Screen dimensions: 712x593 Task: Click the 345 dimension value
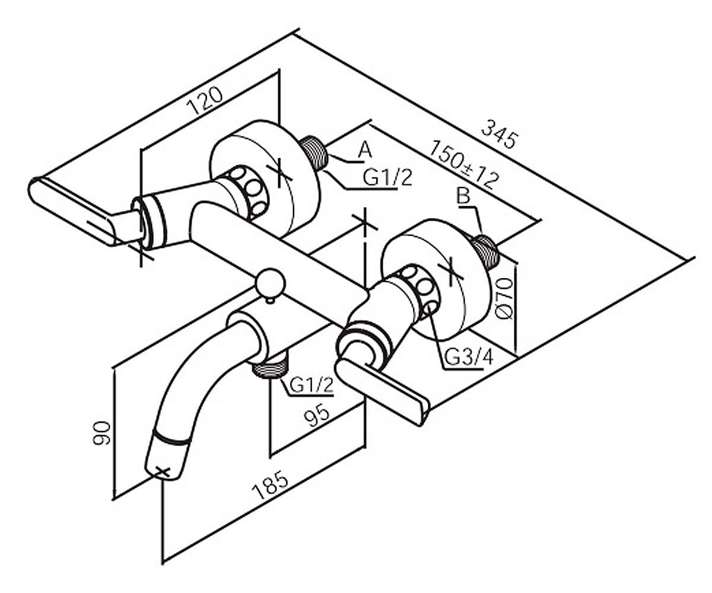point(499,134)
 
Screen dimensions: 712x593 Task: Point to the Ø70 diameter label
point(506,298)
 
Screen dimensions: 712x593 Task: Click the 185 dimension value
point(270,485)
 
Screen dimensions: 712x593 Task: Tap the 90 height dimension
point(101,434)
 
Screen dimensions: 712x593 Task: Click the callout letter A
point(365,150)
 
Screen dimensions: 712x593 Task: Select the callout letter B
point(463,196)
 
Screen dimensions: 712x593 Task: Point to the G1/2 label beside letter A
point(387,178)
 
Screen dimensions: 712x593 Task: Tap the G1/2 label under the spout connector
point(311,385)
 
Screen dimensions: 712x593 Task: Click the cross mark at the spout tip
point(163,471)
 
